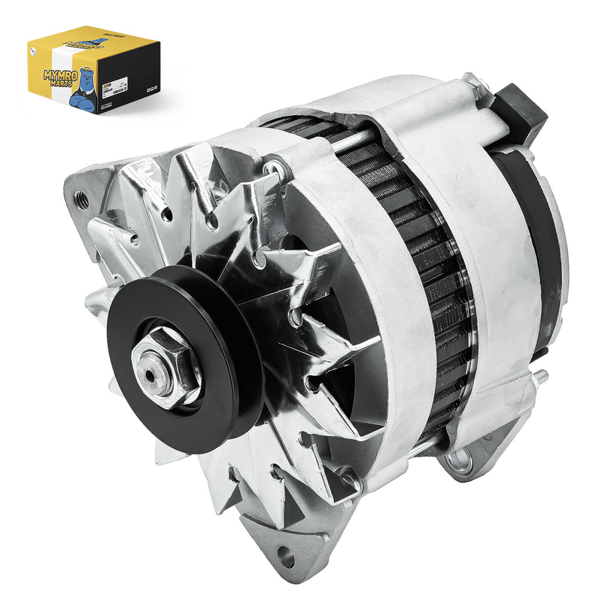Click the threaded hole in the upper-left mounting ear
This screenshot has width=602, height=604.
click(x=82, y=200)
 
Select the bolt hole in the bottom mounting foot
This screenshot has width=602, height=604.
click(x=284, y=557)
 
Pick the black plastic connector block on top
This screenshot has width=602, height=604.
click(x=521, y=111)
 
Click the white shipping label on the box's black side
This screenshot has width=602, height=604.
click(x=132, y=78)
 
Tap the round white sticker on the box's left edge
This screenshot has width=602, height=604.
click(x=32, y=52)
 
